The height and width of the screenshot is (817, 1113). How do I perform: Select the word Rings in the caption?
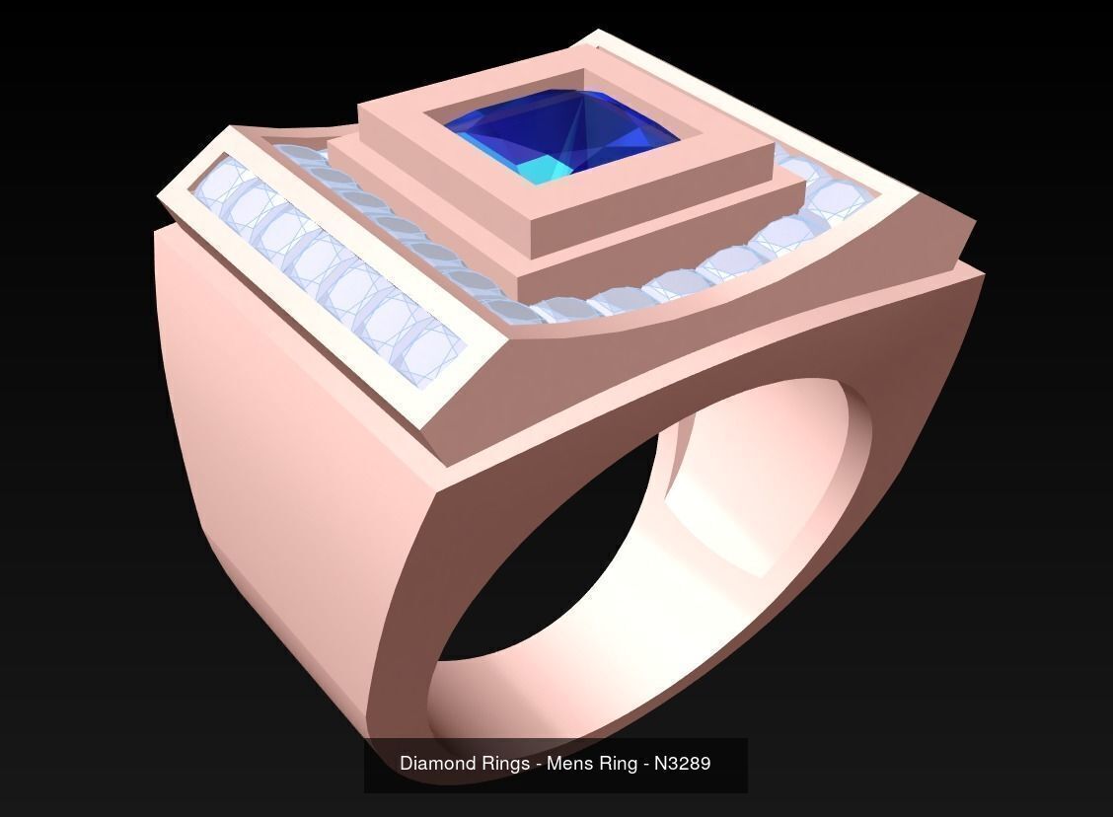504,764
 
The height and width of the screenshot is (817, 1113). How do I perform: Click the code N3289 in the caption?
682,764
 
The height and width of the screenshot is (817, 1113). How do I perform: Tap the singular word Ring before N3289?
618,764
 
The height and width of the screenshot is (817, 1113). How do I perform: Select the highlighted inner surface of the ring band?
750,513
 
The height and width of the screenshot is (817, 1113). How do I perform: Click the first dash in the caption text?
537,764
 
